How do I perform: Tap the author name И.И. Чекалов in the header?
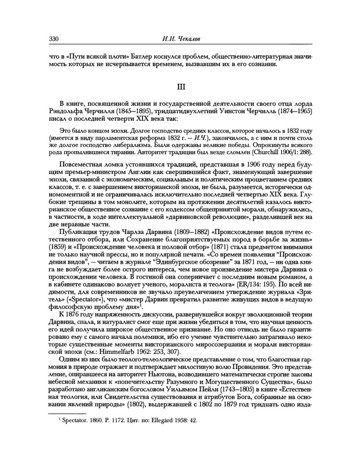pyautogui.click(x=180, y=38)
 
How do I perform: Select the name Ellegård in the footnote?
pyautogui.click(x=154, y=437)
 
